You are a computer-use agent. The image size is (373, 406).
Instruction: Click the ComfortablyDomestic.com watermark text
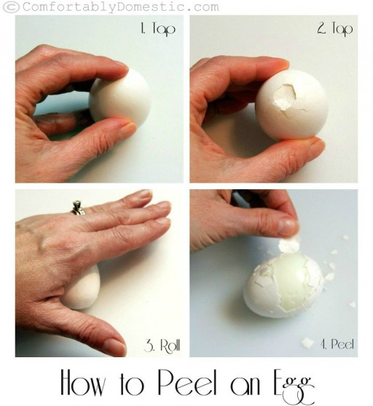(120, 7)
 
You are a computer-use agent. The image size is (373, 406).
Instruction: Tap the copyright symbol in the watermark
(11, 7)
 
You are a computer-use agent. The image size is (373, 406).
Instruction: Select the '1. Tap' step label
(158, 29)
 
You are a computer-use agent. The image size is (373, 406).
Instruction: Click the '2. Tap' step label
(335, 29)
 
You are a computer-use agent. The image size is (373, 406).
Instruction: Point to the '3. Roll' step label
(162, 345)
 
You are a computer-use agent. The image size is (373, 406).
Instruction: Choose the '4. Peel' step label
(337, 344)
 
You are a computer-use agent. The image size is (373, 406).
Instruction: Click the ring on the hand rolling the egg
(78, 208)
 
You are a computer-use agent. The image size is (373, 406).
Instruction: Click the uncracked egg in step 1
(119, 98)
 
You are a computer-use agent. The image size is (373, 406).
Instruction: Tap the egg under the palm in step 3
(82, 287)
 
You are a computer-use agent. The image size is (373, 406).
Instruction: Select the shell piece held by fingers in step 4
(288, 244)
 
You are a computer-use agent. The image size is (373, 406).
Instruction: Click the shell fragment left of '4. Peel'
(307, 343)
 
